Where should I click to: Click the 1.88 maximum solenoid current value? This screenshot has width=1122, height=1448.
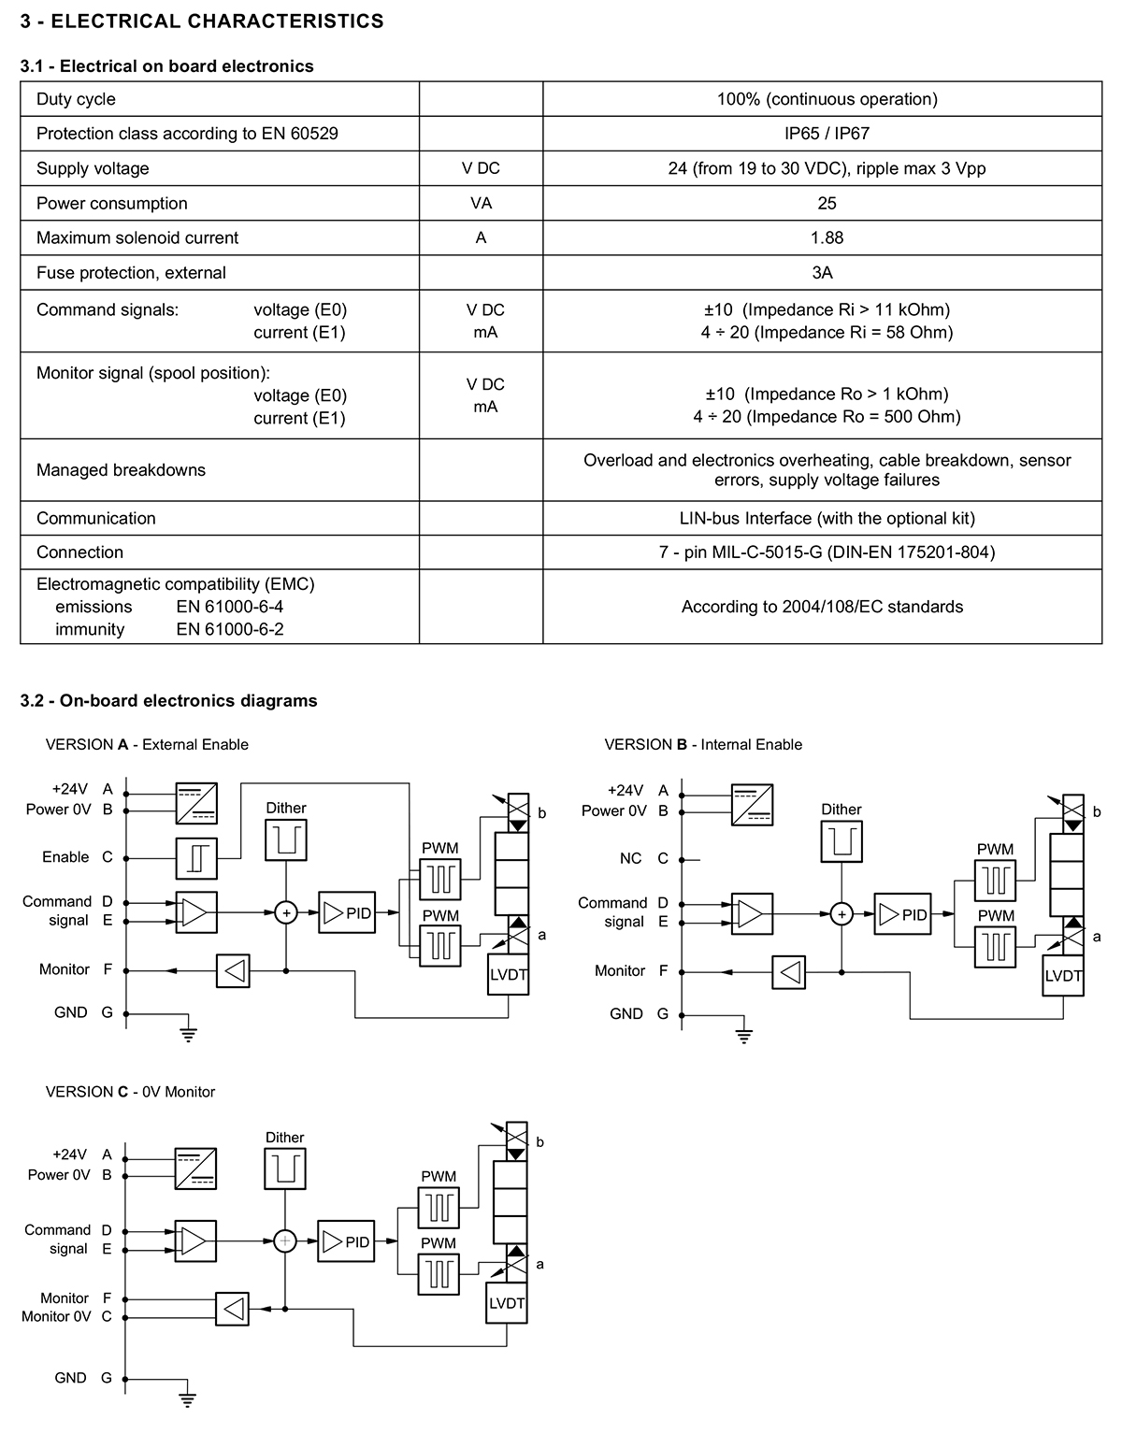pos(827,237)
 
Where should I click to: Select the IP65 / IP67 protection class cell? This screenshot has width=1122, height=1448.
pos(827,134)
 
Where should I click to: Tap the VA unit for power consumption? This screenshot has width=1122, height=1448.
pos(481,203)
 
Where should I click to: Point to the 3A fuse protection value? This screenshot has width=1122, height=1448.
pos(822,273)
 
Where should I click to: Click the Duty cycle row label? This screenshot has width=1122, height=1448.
pos(76,99)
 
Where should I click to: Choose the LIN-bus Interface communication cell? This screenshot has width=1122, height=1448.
pos(827,519)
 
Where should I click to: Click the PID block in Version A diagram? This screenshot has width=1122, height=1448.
pos(347,912)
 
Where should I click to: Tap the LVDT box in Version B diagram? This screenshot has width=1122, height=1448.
pos(1063,976)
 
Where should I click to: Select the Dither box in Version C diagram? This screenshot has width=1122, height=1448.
pos(285,1168)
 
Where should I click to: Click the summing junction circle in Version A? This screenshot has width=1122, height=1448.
pos(286,913)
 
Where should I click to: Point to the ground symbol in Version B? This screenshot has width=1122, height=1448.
pos(743,1036)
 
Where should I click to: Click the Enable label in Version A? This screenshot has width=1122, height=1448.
pos(65,857)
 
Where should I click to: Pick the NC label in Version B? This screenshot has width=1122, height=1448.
pos(630,858)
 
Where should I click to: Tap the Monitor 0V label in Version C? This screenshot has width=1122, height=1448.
pos(56,1316)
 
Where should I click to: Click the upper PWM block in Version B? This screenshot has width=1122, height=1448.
pos(996,881)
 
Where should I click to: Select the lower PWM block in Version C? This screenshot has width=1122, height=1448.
pos(439,1274)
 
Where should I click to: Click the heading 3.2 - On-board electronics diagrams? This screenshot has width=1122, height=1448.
pos(168,700)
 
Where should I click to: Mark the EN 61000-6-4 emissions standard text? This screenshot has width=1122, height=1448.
pos(230,607)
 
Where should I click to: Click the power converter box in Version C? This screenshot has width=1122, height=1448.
pos(196,1168)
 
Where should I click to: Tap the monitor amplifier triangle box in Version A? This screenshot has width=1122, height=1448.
pos(233,971)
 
